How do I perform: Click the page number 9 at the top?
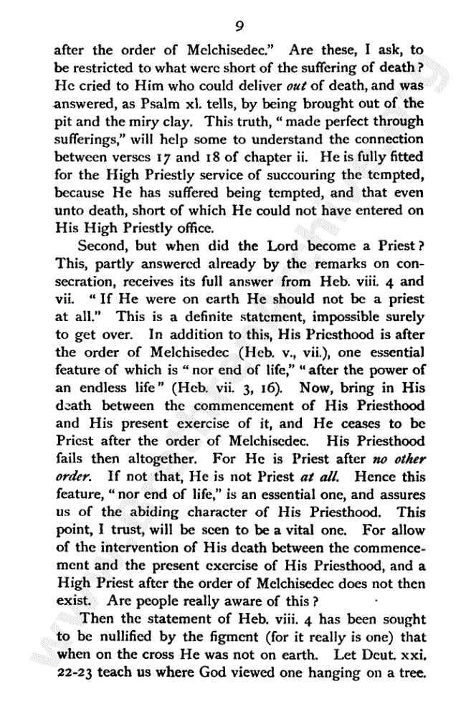pos(239,26)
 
